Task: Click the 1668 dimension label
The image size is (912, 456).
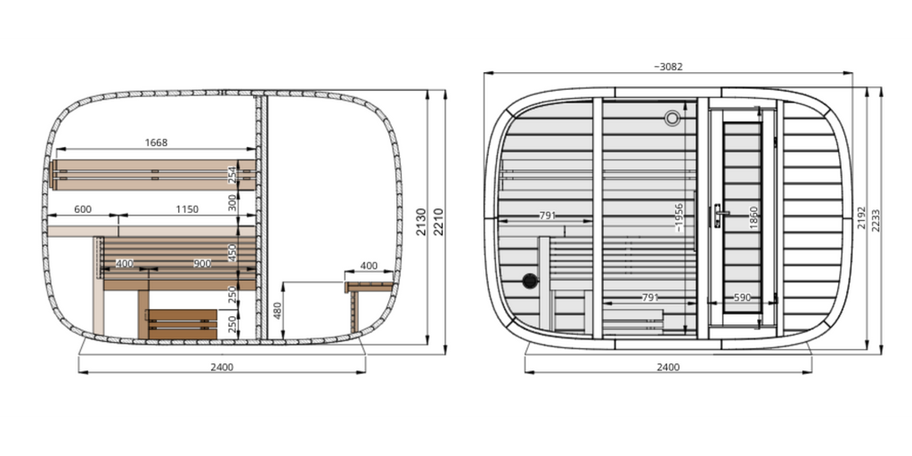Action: coord(156,142)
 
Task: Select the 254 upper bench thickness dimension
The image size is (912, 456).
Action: coord(232,175)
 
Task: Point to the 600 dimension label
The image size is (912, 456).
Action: coord(83,209)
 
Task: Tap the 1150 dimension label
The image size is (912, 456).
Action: coord(187,209)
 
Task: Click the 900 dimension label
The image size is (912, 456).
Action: coord(202,264)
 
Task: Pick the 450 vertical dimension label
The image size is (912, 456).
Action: coord(232,252)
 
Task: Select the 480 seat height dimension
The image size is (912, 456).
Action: coord(278,311)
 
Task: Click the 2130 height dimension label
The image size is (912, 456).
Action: coord(421,222)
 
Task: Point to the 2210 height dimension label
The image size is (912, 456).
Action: coord(439,222)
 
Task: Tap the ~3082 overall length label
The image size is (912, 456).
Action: coord(668,67)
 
